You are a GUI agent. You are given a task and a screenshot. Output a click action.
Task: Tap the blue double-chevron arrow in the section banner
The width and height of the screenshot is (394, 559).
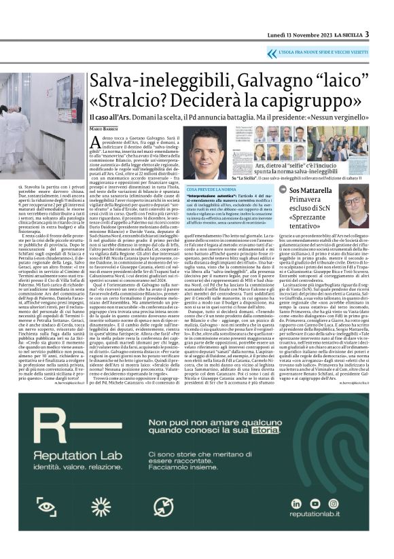coord(271,52)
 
